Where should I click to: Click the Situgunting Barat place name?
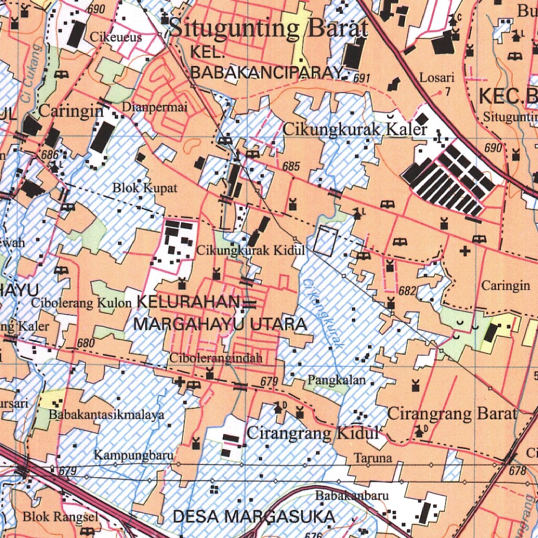(268, 28)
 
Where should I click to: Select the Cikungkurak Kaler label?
(355, 129)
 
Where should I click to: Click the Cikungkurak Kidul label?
(251, 251)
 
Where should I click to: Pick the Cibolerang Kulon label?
(81, 303)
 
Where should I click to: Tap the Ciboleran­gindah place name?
(215, 359)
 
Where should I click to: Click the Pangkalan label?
(337, 379)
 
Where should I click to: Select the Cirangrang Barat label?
(452, 414)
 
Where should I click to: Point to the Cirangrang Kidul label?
(313, 433)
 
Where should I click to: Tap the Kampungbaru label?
(134, 455)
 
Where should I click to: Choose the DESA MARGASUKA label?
(254, 516)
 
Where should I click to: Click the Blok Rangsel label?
(60, 517)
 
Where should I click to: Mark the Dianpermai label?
(154, 107)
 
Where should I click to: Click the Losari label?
(437, 78)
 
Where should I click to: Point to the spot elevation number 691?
(362, 78)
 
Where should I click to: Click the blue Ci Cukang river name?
(30, 74)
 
